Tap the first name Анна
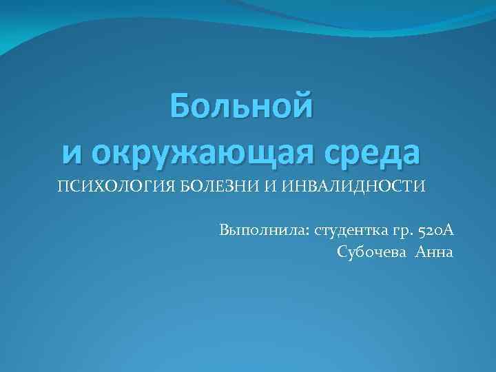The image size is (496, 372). [x=434, y=251]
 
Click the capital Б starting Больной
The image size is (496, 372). [x=182, y=107]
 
